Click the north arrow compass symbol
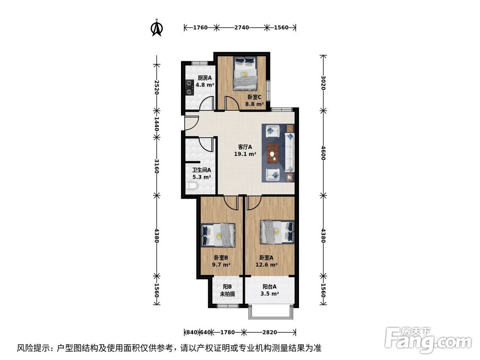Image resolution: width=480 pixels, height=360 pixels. click(156, 28)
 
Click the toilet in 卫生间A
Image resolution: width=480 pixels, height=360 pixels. click(192, 186)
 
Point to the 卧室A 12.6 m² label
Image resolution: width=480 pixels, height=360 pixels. click(268, 261)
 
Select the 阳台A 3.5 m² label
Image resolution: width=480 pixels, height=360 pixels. click(269, 290)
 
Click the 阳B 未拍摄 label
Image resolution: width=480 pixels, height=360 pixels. click(227, 290)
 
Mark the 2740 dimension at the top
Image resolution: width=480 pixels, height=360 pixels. click(241, 28)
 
